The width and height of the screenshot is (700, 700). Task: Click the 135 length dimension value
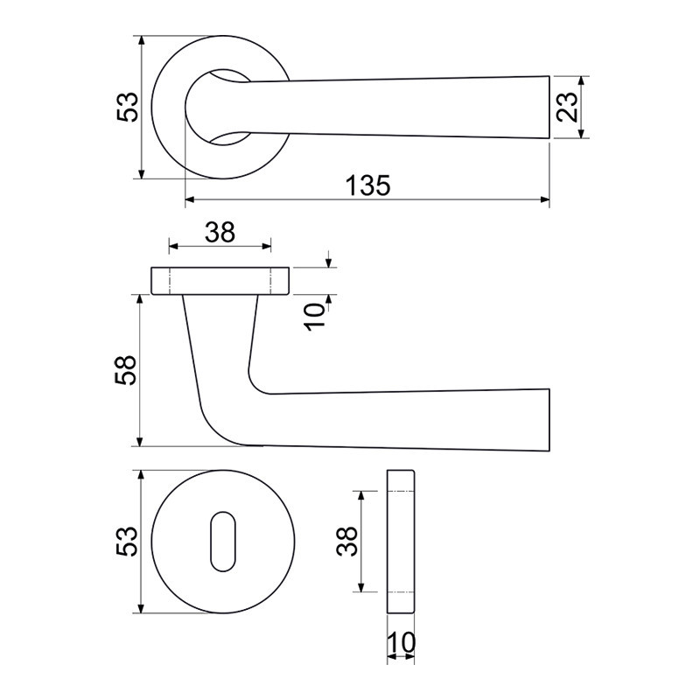click(367, 185)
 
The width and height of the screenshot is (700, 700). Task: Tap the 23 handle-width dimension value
click(567, 107)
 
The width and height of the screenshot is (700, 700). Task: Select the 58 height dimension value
click(125, 370)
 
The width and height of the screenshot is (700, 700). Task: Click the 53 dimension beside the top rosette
click(128, 107)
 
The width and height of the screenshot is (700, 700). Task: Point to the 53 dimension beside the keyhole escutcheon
click(126, 541)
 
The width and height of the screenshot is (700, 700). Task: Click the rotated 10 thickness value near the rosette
click(315, 317)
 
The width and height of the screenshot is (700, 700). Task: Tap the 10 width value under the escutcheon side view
click(401, 643)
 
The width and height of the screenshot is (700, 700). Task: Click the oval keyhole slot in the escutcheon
click(222, 542)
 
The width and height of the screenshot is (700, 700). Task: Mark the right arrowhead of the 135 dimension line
click(544, 199)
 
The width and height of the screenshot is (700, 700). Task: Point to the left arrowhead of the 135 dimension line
click(190, 199)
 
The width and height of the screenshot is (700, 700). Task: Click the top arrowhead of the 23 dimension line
click(581, 81)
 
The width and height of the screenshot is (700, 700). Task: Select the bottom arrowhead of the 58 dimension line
click(140, 441)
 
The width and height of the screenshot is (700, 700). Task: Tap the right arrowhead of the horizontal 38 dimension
click(266, 246)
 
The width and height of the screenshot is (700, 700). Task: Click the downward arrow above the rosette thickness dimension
click(329, 260)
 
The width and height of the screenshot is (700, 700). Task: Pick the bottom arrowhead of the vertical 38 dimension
click(361, 586)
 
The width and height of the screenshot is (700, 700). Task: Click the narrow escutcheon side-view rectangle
click(401, 541)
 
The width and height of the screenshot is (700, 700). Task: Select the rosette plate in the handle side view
click(220, 281)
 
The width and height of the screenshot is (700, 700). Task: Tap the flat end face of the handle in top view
click(549, 108)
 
